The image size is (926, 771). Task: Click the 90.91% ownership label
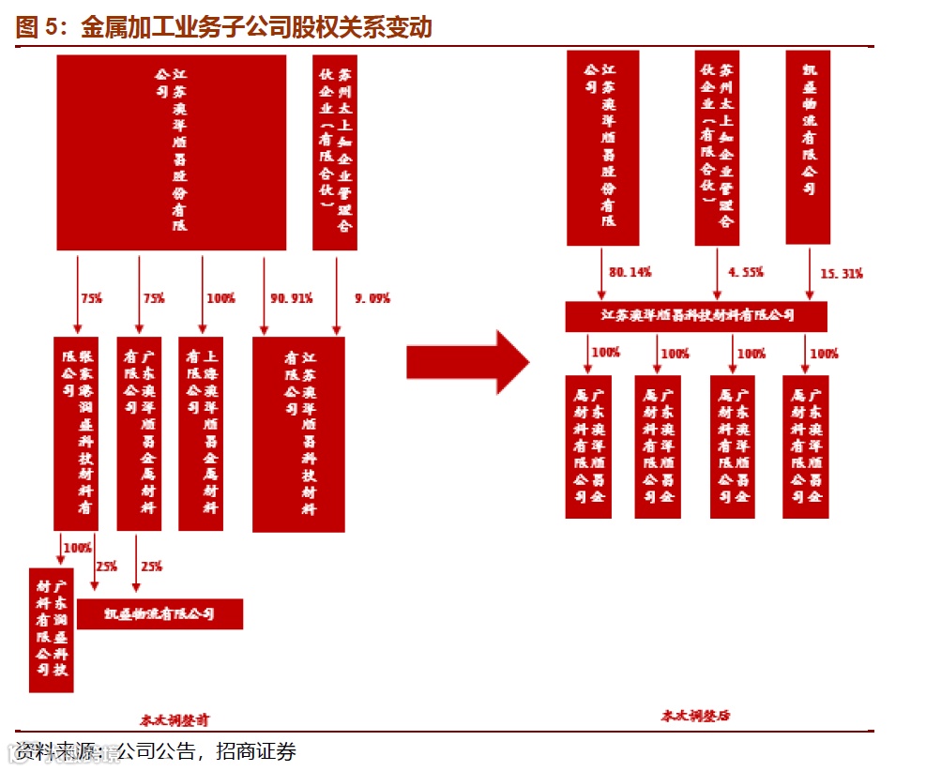(291, 298)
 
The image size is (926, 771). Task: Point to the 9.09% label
(372, 298)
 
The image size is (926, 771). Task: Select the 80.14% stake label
(630, 272)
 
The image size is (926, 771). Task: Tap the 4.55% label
(746, 272)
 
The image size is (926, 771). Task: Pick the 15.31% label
(842, 274)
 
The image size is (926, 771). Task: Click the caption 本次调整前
(175, 720)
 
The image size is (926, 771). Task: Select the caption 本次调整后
(695, 715)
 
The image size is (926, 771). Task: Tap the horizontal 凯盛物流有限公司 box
(159, 614)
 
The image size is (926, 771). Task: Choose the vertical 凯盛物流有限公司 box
(808, 147)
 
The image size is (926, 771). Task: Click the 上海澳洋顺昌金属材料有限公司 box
(201, 433)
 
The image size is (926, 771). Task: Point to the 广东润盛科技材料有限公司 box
(51, 629)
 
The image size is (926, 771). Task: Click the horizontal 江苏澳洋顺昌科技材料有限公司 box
(696, 316)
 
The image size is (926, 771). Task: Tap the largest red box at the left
(171, 152)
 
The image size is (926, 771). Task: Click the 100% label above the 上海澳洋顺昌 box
(220, 298)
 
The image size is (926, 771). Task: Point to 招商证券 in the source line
(256, 751)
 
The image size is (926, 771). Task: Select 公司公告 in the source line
(156, 751)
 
